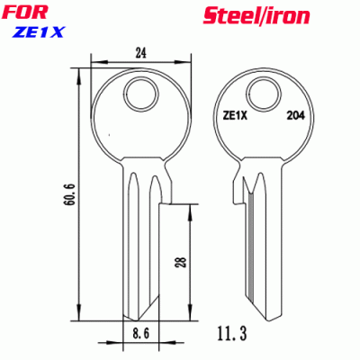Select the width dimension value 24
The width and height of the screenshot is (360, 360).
[x=141, y=53]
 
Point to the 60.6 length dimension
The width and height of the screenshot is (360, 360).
[x=69, y=193]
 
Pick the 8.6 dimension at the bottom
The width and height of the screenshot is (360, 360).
[x=138, y=337]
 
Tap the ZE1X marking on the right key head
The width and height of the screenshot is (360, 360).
[x=235, y=114]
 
